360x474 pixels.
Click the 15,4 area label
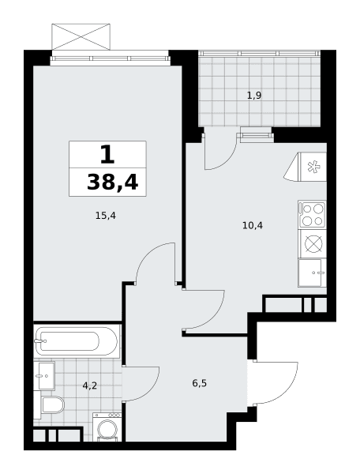pos(106,216)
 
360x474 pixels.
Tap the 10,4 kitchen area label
pos(253,225)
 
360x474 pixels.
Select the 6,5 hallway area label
pos(199,383)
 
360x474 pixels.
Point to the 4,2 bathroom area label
pos(90,386)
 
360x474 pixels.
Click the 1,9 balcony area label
pos(254,96)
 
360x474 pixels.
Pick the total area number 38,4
pos(112,183)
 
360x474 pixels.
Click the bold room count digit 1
pos(107,154)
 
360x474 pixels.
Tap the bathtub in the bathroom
pos(76,341)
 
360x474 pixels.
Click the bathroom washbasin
pos(44,376)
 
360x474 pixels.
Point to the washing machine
pos(107,426)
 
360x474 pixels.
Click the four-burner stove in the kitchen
pos(312,214)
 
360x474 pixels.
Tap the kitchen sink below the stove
pos(312,273)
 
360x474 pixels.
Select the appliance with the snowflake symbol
pos(306,167)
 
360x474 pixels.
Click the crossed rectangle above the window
pos(81,36)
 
